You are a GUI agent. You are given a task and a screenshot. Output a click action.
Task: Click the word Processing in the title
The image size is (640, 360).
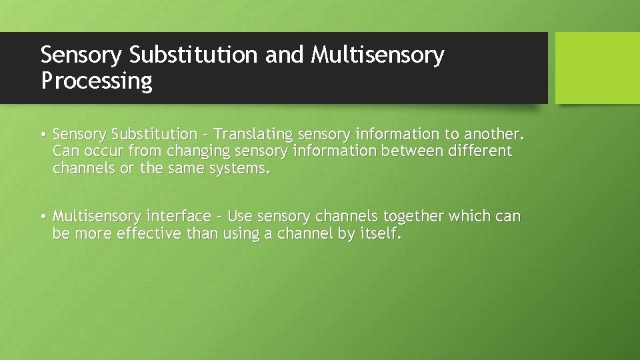pyautogui.click(x=97, y=81)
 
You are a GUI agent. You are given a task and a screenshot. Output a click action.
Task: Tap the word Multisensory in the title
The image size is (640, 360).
pyautogui.click(x=377, y=55)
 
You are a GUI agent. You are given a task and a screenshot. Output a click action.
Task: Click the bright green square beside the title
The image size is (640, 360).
pyautogui.click(x=597, y=68)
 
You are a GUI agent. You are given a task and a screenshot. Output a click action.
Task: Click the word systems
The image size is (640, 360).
pyautogui.click(x=240, y=169)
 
